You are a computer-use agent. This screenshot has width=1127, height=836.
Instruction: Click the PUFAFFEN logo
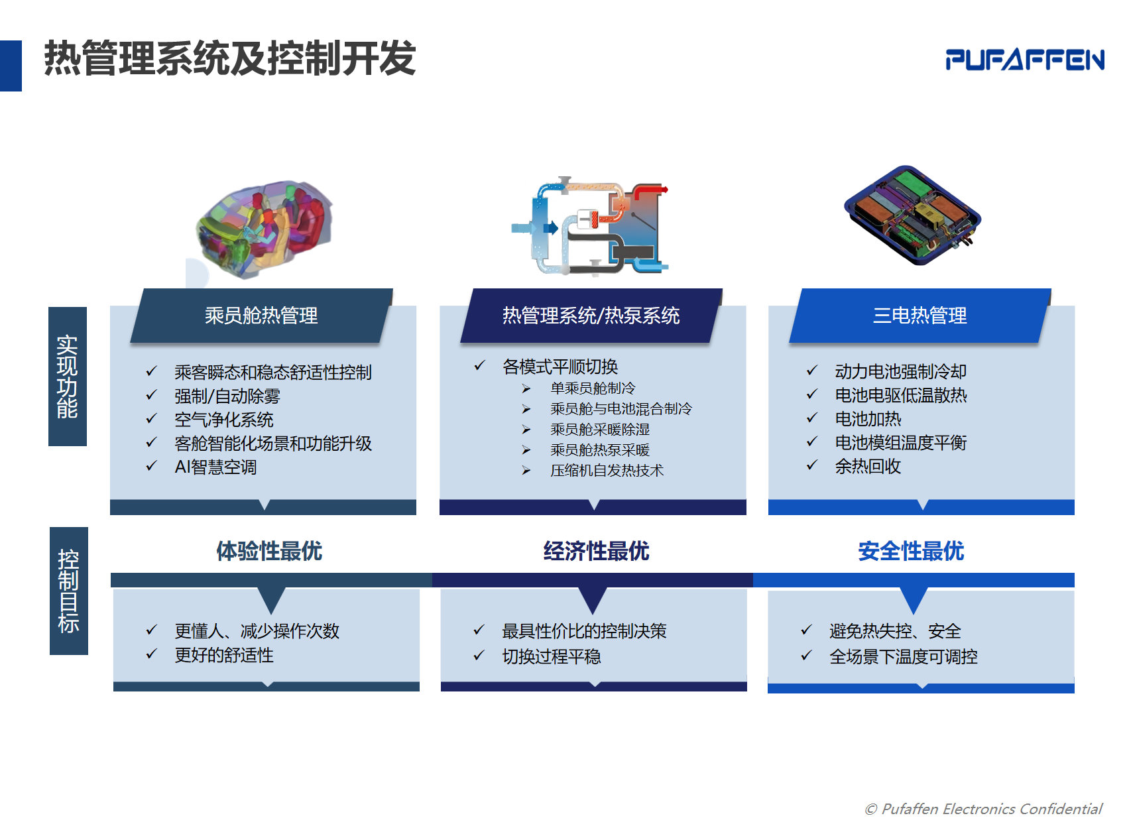pos(1025,60)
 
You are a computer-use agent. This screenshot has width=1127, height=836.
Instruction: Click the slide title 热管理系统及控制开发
pos(229,58)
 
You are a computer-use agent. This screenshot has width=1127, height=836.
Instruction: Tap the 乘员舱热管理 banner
pos(261,316)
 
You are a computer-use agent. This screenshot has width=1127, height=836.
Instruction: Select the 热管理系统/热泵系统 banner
pos(591,316)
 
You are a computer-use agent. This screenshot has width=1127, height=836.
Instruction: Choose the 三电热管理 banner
pos(920,316)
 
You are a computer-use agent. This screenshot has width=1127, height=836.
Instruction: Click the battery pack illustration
pos(912,215)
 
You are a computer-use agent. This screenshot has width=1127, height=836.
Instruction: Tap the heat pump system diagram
pos(590,225)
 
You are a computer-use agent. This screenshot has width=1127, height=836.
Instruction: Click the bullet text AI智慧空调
pos(215,467)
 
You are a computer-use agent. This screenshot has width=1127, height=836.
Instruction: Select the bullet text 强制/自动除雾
pos(227,396)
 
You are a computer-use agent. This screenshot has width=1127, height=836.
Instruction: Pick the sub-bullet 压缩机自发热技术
pos(607,471)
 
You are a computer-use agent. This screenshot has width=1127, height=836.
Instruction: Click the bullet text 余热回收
pos(868,467)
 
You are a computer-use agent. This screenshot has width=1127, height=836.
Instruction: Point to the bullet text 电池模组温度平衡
pos(901,443)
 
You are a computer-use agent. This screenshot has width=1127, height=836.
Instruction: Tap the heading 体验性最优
pos(269,551)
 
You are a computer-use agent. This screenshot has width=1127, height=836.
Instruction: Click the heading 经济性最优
pos(596,551)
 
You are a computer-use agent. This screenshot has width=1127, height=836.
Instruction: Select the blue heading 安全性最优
pos(911,551)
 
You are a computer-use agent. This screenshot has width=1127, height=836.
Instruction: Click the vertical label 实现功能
pos(68,377)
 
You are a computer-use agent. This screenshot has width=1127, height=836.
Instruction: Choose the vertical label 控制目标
pos(69,591)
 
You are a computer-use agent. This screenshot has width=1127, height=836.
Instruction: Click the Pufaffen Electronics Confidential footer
pos(983,809)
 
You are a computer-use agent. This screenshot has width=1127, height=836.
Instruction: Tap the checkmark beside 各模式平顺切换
pos(479,365)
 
